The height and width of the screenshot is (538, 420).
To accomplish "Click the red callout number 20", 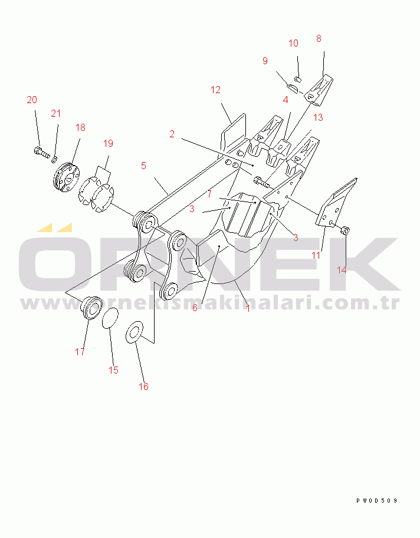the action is [32, 100].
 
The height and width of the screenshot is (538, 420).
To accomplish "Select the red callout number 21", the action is [55, 113].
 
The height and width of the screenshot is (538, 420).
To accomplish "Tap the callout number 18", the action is [80, 128].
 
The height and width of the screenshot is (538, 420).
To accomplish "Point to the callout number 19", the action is [108, 143].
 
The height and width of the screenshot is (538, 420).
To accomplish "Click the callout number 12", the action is [215, 90].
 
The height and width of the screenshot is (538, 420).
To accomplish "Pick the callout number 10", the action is [293, 43].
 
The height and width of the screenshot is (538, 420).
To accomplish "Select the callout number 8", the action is [319, 39].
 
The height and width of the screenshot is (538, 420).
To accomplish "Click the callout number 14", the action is [342, 270].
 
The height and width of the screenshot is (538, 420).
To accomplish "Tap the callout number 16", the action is [143, 387].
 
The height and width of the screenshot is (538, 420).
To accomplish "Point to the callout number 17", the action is [80, 352].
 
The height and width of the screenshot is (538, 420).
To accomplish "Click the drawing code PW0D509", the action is [377, 501].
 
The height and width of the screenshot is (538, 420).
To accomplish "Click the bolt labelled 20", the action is [42, 153].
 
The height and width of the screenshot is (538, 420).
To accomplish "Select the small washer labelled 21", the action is [54, 159].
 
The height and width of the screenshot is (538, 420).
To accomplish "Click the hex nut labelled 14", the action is [345, 230].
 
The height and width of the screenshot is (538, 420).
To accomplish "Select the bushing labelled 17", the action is [91, 308].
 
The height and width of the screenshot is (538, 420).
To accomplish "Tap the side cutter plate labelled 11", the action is [336, 202].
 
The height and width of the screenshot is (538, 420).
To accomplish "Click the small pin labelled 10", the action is [298, 80].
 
